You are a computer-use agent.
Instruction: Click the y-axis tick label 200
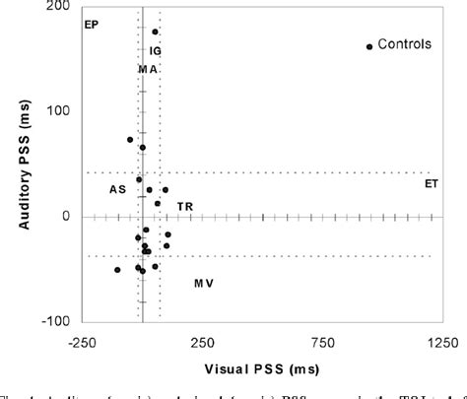tap(61, 7)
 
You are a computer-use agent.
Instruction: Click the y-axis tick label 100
tap(61, 111)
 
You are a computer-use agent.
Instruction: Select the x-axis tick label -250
tap(83, 342)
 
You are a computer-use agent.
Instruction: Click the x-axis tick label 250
tap(202, 342)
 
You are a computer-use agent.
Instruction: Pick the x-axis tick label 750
tap(323, 342)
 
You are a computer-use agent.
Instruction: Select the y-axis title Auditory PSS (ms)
tap(28, 162)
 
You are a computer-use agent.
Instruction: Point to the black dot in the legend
tap(369, 46)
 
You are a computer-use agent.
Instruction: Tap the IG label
tap(156, 49)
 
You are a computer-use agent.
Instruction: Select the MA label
tap(148, 69)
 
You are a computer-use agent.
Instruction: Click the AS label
tap(117, 189)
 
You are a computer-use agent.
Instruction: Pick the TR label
tap(184, 206)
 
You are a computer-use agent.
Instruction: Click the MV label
tap(203, 284)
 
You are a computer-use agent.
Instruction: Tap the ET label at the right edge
tap(432, 183)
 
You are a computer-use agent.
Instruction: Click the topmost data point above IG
tap(156, 32)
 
